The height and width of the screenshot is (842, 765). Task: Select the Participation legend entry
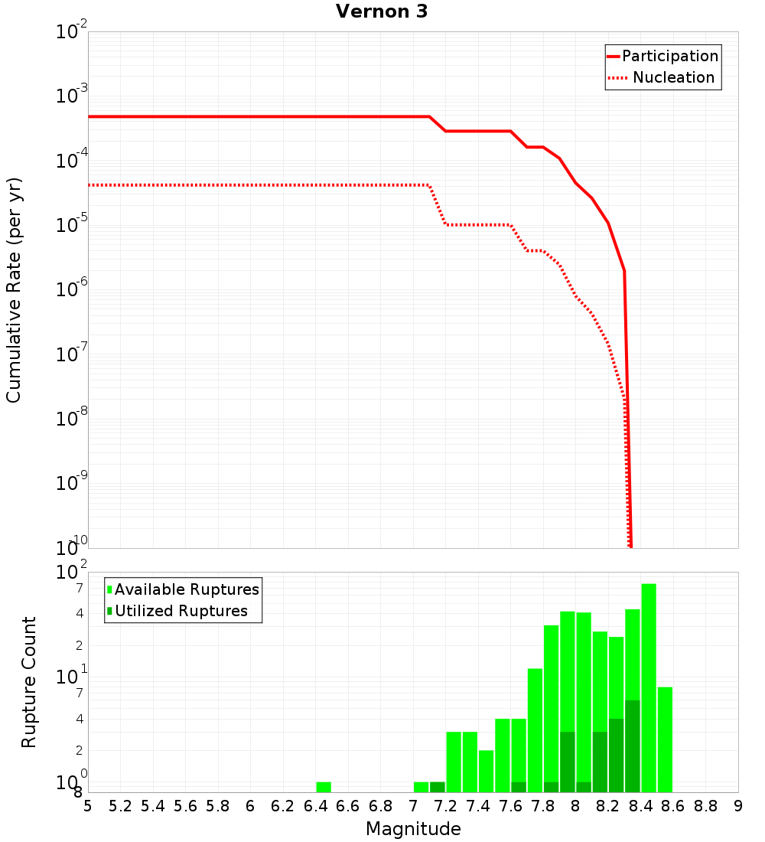(x=669, y=56)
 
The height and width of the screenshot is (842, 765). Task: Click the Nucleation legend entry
(x=672, y=77)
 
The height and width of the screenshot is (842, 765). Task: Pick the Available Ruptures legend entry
(x=187, y=589)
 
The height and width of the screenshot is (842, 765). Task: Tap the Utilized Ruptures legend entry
(x=181, y=611)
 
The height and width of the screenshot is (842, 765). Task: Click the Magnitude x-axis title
(x=413, y=829)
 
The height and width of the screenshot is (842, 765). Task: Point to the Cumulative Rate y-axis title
(x=14, y=289)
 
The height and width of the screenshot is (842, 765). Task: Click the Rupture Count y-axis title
(x=29, y=682)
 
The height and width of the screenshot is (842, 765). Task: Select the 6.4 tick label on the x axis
(x=315, y=806)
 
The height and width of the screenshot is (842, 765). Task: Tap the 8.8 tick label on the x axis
(x=705, y=806)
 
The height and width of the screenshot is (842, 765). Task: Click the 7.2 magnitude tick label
(x=445, y=806)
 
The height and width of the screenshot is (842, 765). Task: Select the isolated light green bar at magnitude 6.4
(x=324, y=787)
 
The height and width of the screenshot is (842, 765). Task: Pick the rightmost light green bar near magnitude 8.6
(x=665, y=739)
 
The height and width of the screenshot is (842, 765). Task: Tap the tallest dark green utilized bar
(x=633, y=746)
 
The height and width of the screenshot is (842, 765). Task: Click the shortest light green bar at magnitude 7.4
(x=487, y=771)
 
